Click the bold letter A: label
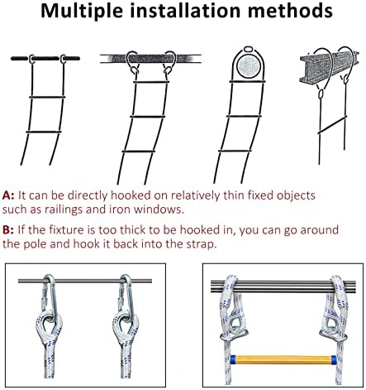(x=8, y=195)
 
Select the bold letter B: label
(x=8, y=230)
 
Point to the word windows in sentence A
(x=159, y=209)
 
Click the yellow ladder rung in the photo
(x=283, y=359)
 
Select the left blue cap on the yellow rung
(x=233, y=359)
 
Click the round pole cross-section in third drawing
(x=249, y=66)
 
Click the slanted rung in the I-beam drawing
(x=332, y=125)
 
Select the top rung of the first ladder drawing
(x=47, y=97)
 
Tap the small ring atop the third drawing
(x=248, y=50)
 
